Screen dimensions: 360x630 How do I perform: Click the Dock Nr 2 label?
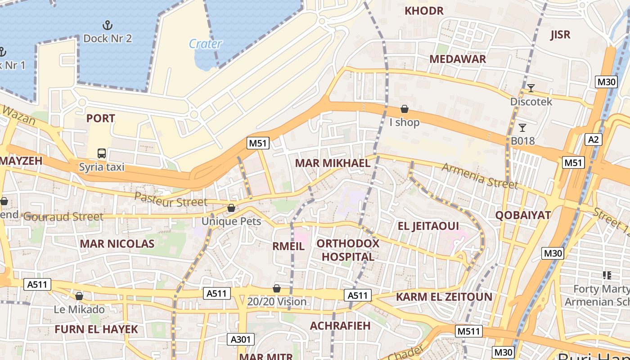point(108,38)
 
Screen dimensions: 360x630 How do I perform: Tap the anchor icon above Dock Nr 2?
point(107,25)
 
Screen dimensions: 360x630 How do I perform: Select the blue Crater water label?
point(205,44)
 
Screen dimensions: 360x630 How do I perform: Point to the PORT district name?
point(100,118)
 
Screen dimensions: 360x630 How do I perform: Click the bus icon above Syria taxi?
point(102,153)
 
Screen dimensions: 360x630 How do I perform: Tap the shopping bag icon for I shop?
point(405,109)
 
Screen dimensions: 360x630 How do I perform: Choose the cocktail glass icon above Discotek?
point(531,88)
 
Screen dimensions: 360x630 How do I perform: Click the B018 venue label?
point(522,141)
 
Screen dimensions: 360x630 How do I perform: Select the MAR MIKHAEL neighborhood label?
point(333,163)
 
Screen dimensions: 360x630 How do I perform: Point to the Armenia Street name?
point(480,175)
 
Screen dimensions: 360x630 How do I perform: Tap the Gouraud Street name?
point(63,216)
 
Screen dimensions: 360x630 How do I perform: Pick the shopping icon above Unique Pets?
point(231,208)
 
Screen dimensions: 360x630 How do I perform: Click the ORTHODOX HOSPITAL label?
point(348,250)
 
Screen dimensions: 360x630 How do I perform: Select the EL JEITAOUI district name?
point(428,226)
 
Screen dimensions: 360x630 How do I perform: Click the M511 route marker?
point(468,332)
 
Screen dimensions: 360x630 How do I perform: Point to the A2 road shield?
point(594,139)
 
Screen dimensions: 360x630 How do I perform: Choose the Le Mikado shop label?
point(79,310)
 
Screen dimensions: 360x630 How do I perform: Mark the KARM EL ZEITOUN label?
point(444,297)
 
